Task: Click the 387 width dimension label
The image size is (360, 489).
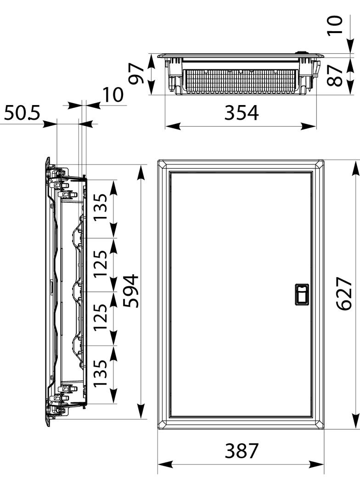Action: pos(242,450)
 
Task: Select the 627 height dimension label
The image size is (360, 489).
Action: pos(344,293)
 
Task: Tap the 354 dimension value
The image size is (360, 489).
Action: pos(242,112)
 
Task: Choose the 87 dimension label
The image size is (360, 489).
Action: pos(336,76)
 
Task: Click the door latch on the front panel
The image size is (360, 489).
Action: pos(302,294)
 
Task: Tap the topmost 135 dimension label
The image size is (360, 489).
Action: pos(101,207)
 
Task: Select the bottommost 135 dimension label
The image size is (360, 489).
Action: pos(101,373)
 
